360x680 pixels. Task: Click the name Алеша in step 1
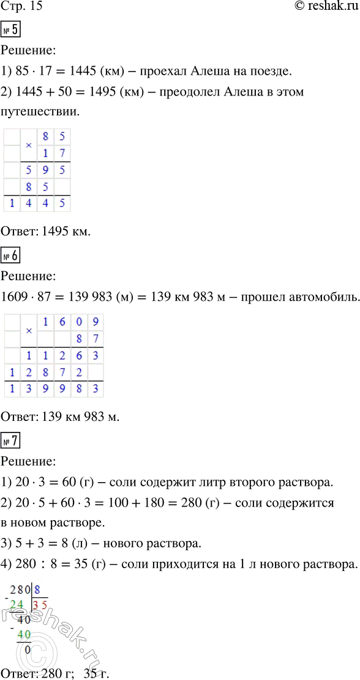click(217, 71)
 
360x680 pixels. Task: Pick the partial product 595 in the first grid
click(46, 168)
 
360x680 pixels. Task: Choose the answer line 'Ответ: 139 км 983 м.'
click(60, 418)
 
